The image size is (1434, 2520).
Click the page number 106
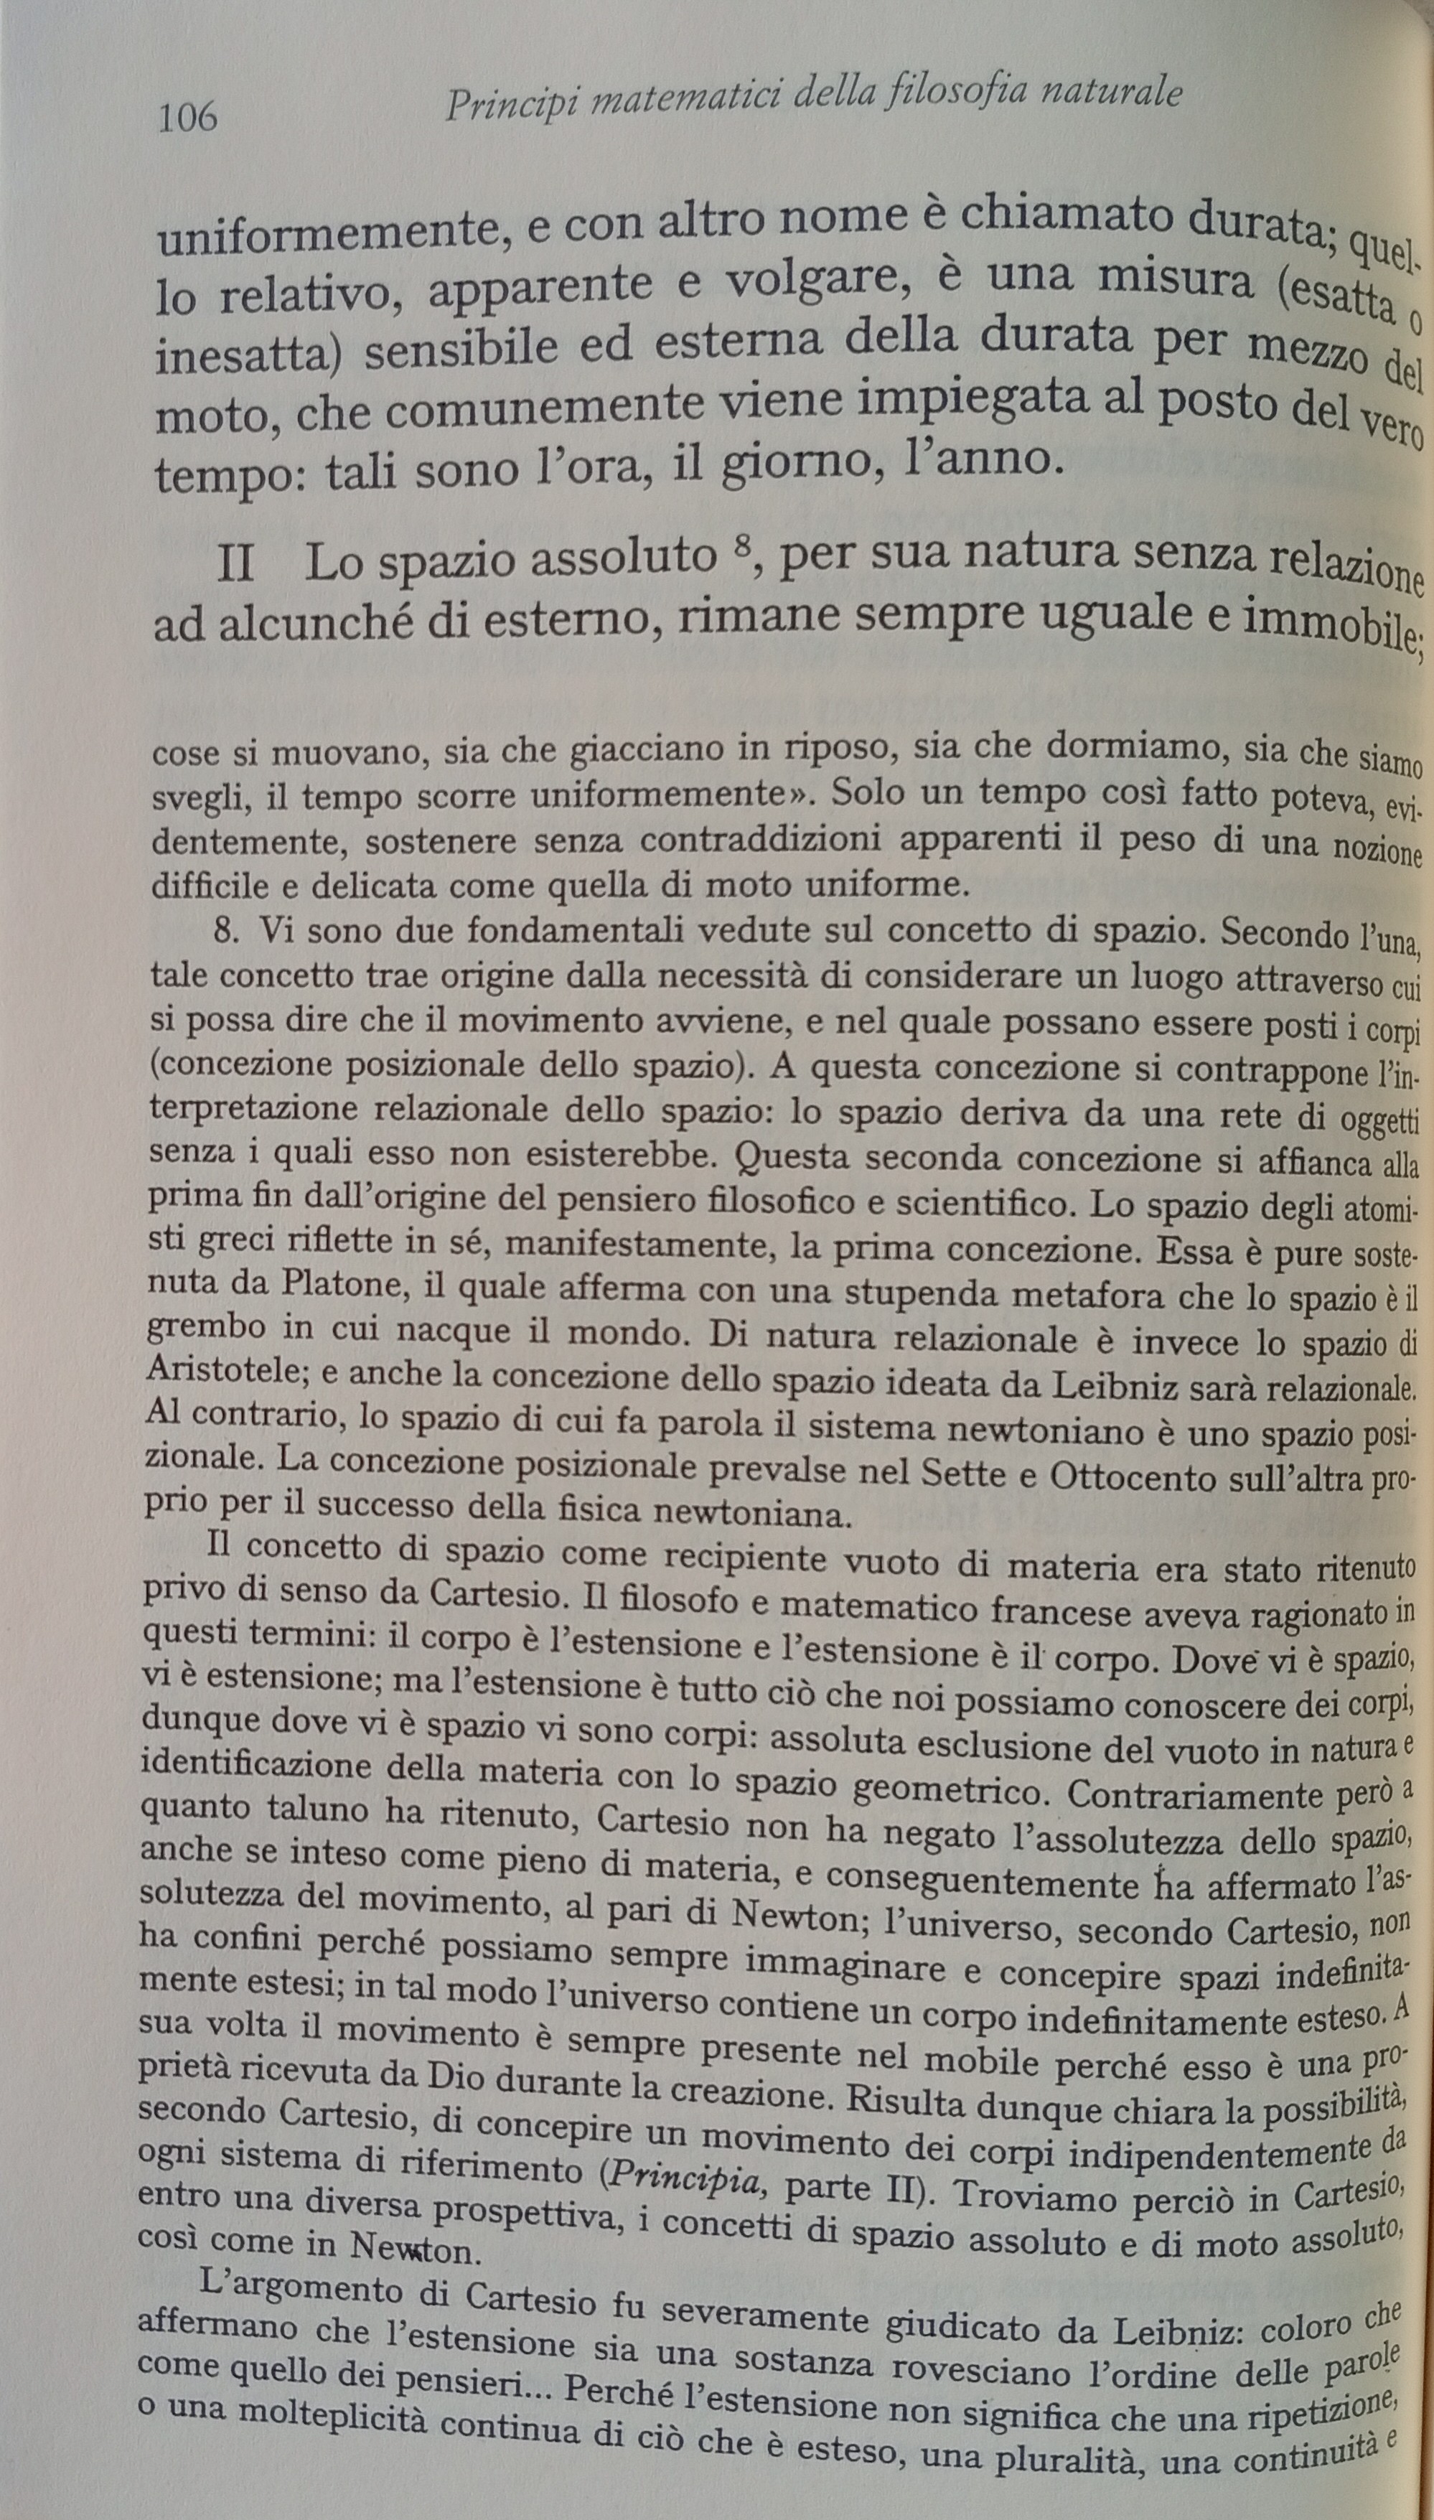(187, 118)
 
